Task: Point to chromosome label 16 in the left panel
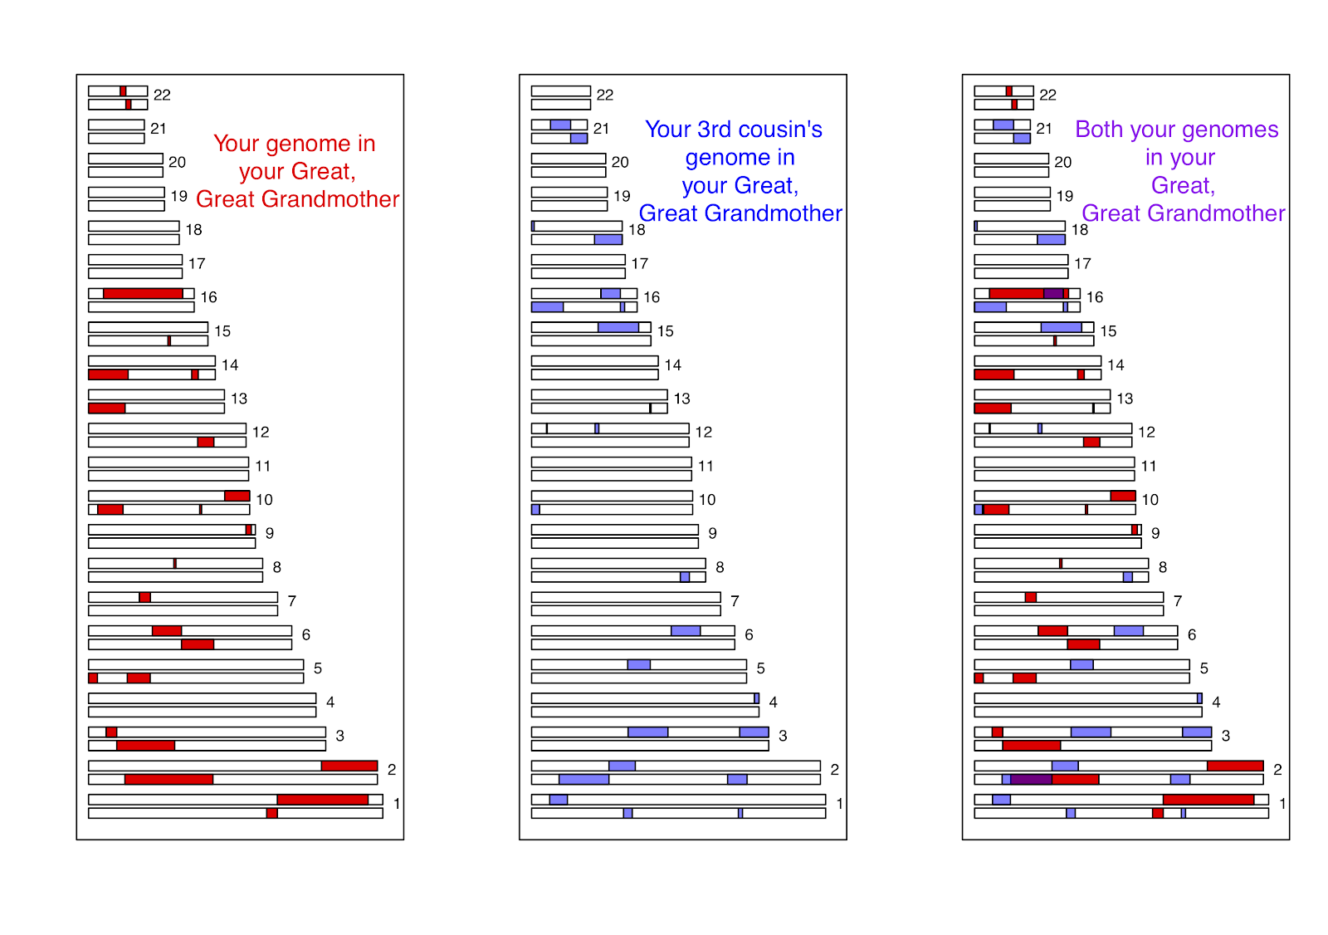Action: point(208,297)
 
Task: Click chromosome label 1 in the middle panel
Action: point(839,804)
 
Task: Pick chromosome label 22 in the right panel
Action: point(1047,95)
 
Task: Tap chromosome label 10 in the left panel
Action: point(264,500)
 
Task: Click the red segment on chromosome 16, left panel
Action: point(143,293)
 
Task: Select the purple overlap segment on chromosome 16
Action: point(1053,293)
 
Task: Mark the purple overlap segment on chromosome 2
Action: point(1031,779)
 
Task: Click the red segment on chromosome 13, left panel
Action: point(107,409)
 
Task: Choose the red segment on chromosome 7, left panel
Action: point(144,597)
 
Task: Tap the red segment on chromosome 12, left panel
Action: point(206,442)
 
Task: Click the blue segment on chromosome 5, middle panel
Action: point(638,664)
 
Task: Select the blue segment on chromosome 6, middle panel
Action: point(686,631)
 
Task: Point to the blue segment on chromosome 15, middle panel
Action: point(618,327)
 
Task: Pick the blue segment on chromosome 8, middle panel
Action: point(685,577)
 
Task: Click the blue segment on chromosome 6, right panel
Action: point(1128,631)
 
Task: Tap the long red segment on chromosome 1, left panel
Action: point(323,800)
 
